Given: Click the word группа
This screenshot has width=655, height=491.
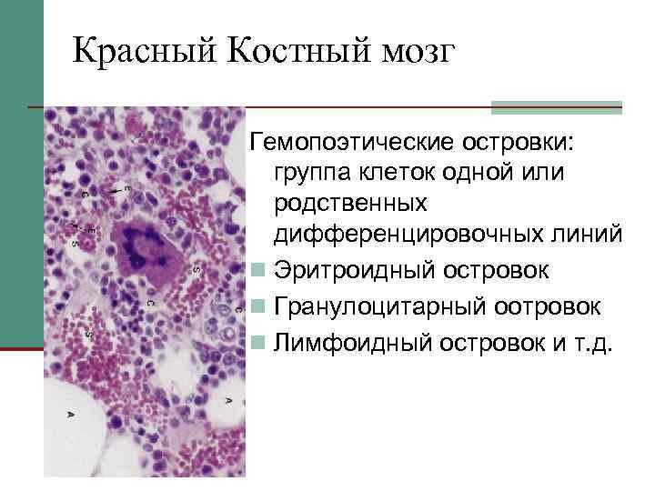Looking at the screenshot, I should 314,173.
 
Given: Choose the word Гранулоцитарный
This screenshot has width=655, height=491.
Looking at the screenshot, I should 379,306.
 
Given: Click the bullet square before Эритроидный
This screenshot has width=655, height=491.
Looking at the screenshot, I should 260,270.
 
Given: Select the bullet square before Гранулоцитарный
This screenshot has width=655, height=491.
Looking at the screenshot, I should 260,306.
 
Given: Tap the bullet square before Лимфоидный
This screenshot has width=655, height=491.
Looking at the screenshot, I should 260,343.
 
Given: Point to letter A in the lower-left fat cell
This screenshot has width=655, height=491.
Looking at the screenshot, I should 71,415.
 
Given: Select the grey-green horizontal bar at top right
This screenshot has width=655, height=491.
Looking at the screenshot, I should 557,107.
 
